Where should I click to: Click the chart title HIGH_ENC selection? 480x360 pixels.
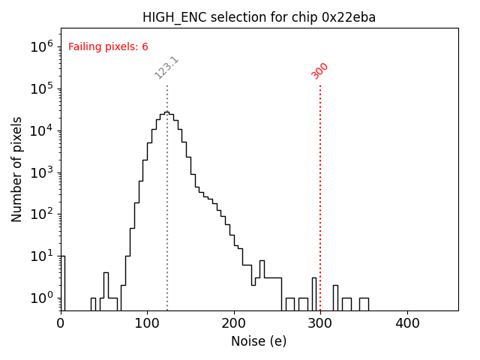pos(258,17)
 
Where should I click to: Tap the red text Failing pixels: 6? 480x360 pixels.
pos(108,47)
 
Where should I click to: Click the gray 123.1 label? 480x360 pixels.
pos(166,67)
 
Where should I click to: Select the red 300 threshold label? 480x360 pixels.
pos(320,70)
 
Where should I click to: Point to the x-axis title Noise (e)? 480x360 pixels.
pos(259,341)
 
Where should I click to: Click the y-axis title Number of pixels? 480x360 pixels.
pos(17,169)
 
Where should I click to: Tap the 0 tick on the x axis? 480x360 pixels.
pos(61,323)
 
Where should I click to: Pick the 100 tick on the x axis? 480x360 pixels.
pos(147,323)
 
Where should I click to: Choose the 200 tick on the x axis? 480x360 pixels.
pos(234,323)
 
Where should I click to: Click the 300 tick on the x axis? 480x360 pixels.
pos(320,323)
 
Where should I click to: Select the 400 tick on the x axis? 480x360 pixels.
pos(407,323)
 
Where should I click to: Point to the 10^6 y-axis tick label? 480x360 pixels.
pos(41,46)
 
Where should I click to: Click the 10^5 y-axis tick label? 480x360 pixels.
pos(41,88)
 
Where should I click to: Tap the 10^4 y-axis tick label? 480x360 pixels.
pos(41,130)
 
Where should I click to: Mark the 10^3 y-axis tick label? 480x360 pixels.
pos(41,172)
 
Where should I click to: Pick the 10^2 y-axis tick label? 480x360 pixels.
pos(41,214)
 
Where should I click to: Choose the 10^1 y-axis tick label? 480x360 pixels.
pos(41,256)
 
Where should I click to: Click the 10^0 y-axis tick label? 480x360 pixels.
pos(41,298)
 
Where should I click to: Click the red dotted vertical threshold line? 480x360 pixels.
pos(320,195)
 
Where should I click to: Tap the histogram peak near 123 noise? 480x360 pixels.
pos(166,112)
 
